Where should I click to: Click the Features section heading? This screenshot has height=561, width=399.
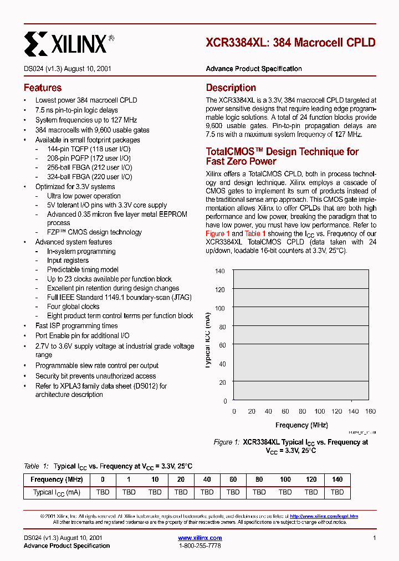click(43, 88)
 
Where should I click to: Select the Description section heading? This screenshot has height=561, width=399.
click(231, 88)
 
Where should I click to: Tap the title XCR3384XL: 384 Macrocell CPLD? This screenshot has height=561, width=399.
click(290, 43)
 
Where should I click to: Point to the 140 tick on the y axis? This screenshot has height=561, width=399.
click(220, 271)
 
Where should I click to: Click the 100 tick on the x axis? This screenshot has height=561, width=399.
click(320, 411)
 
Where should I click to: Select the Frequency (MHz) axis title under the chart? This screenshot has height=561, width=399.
click(301, 425)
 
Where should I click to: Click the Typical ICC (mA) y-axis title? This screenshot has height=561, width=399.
click(208, 336)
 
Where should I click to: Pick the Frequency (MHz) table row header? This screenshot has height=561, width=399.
click(57, 480)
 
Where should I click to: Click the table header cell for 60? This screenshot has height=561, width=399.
click(233, 480)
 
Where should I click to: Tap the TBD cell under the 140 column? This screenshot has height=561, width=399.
click(337, 492)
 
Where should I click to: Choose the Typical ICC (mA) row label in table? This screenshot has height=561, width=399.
click(57, 492)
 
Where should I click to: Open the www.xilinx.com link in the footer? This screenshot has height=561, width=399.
click(200, 538)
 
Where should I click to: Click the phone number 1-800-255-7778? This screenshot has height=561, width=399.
click(200, 546)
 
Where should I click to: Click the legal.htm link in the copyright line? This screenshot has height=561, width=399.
click(324, 516)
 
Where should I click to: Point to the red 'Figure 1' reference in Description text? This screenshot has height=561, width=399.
click(215, 234)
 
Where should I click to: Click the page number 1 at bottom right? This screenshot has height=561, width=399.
click(375, 538)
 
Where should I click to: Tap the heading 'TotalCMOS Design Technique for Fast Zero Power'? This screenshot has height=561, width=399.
click(282, 156)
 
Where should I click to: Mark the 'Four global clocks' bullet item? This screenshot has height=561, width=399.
click(73, 307)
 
